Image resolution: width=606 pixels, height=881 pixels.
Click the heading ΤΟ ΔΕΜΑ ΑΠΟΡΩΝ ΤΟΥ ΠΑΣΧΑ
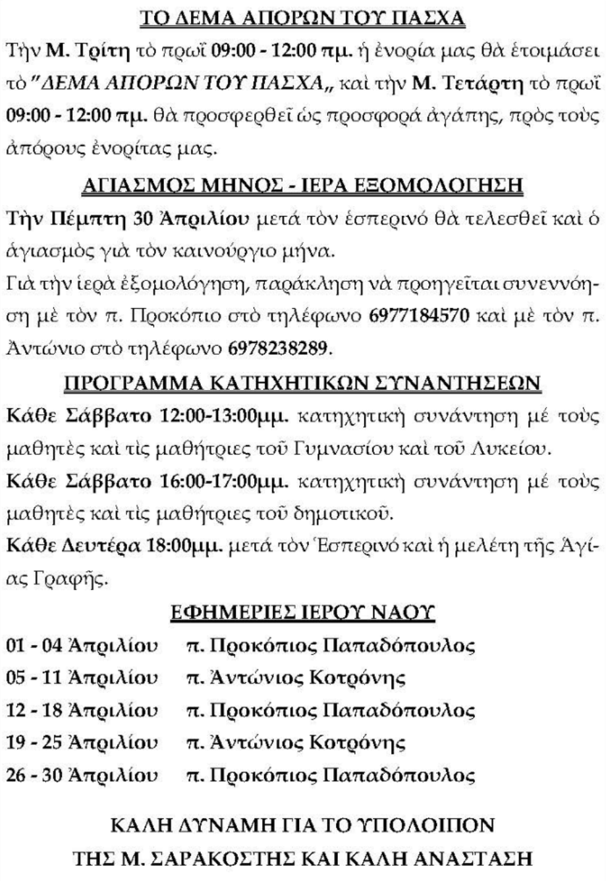[304, 17]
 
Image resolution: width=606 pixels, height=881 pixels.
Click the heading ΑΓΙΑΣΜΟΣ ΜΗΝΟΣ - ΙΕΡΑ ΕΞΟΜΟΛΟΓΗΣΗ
[303, 187]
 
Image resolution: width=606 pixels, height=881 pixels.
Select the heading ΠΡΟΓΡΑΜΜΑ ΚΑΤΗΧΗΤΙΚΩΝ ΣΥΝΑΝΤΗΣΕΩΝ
[303, 381]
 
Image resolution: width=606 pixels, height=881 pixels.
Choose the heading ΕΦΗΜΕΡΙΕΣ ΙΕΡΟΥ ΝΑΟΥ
[303, 614]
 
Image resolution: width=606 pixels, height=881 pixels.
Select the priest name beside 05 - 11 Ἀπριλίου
[296, 678]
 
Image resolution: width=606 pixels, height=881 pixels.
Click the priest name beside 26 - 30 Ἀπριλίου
[331, 776]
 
